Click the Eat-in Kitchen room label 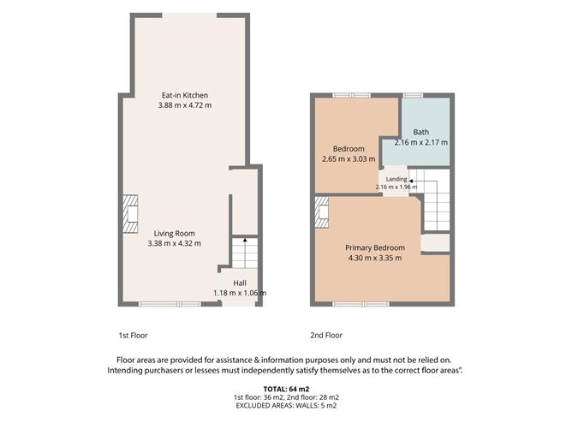point(185,95)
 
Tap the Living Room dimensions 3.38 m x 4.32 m point(175,243)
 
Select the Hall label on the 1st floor point(240,283)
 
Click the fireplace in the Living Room point(130,214)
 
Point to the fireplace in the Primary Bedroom point(321,212)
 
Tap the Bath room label point(421,132)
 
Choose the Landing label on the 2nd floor point(396,179)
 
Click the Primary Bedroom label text point(375,247)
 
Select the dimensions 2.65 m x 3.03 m point(349,159)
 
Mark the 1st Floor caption point(133,336)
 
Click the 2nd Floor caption point(326,336)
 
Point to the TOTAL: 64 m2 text point(286,389)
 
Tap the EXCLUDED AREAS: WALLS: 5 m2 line point(286,405)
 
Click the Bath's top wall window point(413,96)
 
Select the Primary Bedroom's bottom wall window point(361,304)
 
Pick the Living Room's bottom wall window point(170,304)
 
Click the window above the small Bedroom point(351,96)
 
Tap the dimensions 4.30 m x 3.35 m point(375,258)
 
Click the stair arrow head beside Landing point(411,181)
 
